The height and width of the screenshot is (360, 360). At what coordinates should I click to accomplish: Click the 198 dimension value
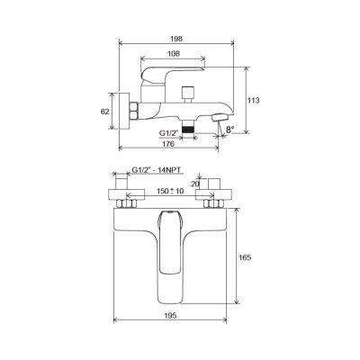pyautogui.click(x=176, y=39)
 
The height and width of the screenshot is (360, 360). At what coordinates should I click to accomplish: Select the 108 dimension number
pyautogui.click(x=174, y=54)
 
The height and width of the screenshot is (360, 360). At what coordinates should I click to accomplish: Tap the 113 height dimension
pyautogui.click(x=254, y=101)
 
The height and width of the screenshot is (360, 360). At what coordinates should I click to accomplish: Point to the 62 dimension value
pyautogui.click(x=104, y=112)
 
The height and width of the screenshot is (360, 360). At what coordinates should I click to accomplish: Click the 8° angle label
pyautogui.click(x=229, y=130)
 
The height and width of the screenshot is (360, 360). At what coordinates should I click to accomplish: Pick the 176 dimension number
pyautogui.click(x=168, y=144)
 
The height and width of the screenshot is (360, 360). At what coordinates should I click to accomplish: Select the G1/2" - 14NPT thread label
pyautogui.click(x=157, y=170)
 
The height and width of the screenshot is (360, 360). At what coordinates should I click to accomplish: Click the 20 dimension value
pyautogui.click(x=194, y=184)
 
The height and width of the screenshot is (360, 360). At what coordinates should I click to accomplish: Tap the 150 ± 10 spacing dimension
pyautogui.click(x=170, y=191)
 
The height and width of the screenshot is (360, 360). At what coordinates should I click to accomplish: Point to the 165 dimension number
pyautogui.click(x=245, y=257)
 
